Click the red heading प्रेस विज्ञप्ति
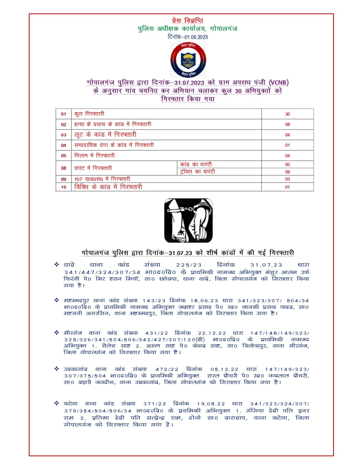click(x=187, y=21)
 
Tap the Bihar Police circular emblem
click(x=188, y=60)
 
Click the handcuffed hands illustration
click(x=188, y=220)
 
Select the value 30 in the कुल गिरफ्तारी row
click(x=287, y=114)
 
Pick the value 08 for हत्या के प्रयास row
click(x=287, y=125)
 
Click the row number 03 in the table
click(x=63, y=135)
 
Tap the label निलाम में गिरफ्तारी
click(x=94, y=156)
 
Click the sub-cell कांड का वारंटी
click(x=196, y=164)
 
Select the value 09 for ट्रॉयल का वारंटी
click(x=287, y=172)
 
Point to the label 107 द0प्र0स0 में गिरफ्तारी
click(x=102, y=179)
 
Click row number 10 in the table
click(x=63, y=187)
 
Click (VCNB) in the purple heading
click(x=279, y=83)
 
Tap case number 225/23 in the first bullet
click(x=189, y=265)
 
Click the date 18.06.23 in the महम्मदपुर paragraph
click(x=204, y=301)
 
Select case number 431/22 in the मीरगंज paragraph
click(x=157, y=333)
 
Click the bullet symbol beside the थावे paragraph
click(x=57, y=265)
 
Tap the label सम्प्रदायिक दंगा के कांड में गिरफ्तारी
click(x=114, y=145)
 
